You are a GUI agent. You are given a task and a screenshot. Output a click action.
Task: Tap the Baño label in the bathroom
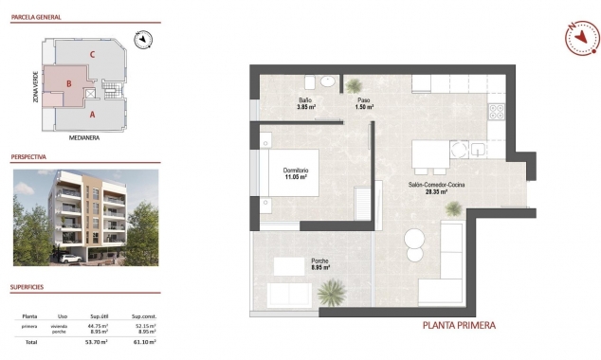(305, 99)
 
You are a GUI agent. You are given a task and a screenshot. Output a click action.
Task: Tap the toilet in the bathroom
(327, 81)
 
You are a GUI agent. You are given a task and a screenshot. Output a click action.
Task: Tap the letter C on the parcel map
(92, 55)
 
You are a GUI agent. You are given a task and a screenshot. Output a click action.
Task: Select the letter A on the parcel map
(92, 114)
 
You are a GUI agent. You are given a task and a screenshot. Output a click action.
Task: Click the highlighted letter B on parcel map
(69, 83)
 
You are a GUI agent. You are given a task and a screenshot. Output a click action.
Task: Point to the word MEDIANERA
(84, 136)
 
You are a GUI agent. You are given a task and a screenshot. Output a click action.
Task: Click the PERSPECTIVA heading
(29, 155)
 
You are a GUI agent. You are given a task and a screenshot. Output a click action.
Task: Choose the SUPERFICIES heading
(28, 285)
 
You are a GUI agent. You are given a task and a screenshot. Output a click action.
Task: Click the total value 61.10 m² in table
(144, 341)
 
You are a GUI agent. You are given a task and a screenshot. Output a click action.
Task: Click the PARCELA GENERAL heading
(35, 16)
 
